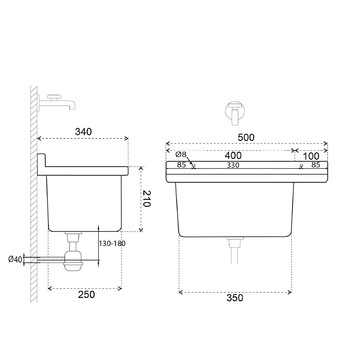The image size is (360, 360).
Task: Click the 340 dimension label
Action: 84,132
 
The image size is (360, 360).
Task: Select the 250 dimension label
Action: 86,294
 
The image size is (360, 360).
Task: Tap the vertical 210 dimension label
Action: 146,199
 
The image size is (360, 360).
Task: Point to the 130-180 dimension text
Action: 112,243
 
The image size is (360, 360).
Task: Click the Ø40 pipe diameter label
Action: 15,260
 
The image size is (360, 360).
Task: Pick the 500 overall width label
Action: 246,138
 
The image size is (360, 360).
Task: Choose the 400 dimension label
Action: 233,156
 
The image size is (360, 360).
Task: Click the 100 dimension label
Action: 311,156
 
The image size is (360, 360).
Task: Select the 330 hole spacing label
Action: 233,165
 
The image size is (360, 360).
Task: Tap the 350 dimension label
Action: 235,298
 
